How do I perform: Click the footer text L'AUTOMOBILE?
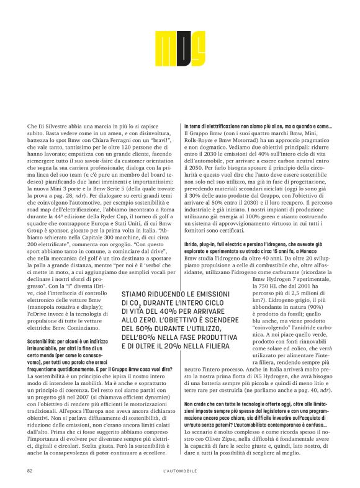click(179, 471)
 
